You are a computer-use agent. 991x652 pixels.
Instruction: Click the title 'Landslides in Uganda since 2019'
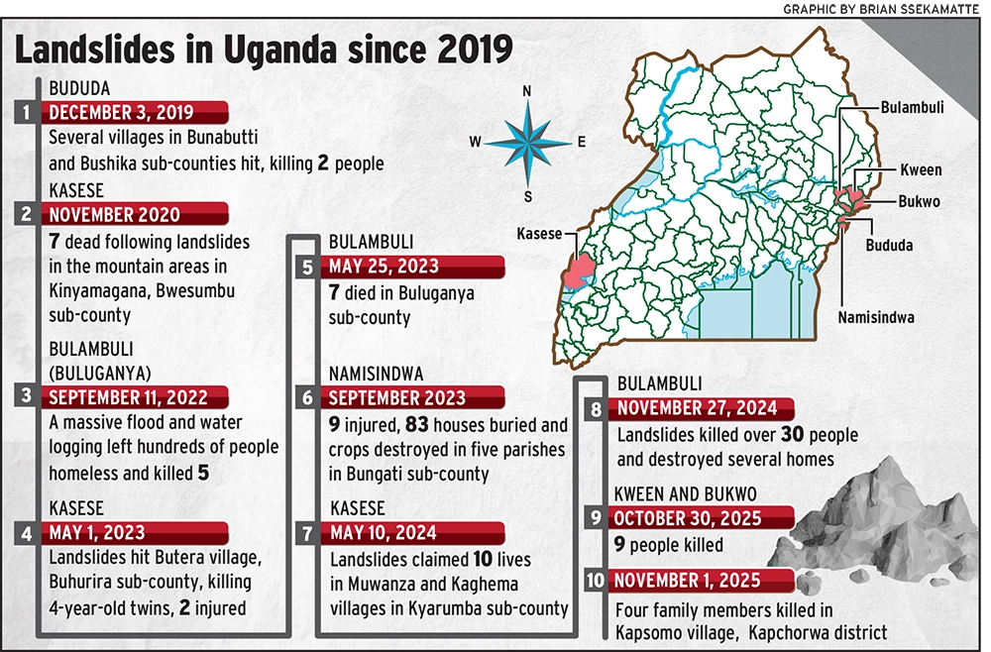(x=263, y=47)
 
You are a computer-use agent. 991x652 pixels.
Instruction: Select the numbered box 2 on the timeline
(x=27, y=213)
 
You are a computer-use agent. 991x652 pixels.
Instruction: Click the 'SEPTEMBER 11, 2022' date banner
(x=128, y=397)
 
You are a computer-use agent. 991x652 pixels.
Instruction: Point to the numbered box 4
(x=27, y=533)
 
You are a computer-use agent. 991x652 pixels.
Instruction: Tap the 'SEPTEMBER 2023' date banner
(x=396, y=398)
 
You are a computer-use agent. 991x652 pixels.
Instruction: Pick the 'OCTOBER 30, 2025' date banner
(x=690, y=518)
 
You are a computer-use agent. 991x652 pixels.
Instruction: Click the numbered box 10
(x=595, y=580)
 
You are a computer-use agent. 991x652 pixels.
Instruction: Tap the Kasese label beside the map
(x=538, y=235)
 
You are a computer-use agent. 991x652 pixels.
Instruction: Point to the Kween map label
(x=921, y=170)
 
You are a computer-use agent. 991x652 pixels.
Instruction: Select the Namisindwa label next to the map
(x=875, y=317)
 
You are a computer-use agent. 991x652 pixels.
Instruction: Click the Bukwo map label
(x=918, y=202)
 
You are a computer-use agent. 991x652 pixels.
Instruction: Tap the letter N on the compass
(x=527, y=91)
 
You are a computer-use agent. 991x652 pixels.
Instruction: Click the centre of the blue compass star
(x=527, y=142)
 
